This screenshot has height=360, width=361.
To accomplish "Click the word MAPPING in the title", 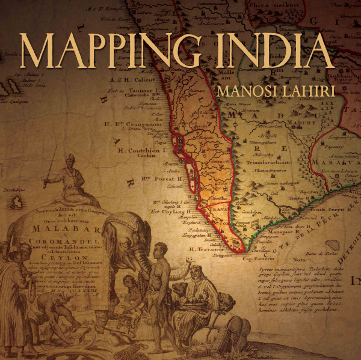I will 108,51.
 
